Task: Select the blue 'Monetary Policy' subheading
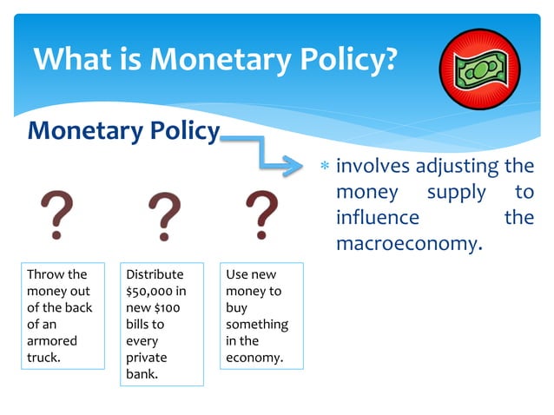(123, 131)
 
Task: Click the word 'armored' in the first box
(53, 340)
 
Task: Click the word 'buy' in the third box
(236, 307)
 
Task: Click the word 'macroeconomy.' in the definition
(408, 243)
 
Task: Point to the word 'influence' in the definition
(378, 217)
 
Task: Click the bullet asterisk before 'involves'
(325, 166)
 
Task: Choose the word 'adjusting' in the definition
(457, 166)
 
